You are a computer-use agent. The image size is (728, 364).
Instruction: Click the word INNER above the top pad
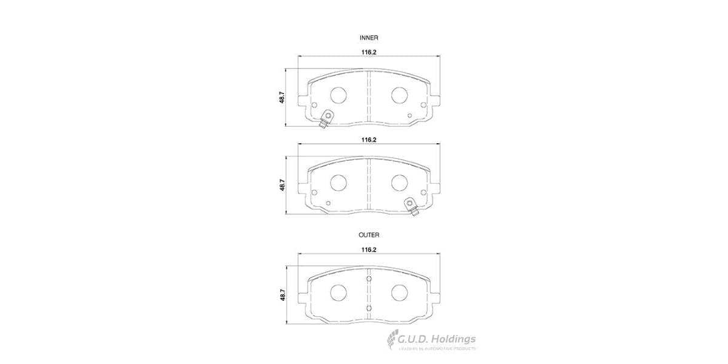point(369,38)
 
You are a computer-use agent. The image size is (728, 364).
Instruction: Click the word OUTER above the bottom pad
point(369,234)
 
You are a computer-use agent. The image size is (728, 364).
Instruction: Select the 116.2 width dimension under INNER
point(369,52)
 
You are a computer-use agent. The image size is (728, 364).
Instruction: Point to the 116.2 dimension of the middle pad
point(369,140)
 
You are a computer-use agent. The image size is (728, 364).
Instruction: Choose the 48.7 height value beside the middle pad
point(282,184)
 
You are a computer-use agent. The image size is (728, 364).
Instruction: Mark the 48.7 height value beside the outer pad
point(282,295)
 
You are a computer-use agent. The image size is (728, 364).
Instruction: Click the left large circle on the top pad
point(338,95)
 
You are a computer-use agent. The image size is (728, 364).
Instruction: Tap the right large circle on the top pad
point(399,95)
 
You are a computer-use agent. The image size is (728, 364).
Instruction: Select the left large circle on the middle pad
point(338,182)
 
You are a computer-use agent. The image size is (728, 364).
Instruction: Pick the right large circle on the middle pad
point(399,182)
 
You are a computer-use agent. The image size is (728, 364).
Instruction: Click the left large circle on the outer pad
point(338,292)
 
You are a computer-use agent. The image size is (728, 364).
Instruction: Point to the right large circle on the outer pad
point(399,292)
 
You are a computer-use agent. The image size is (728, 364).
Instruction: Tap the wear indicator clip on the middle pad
point(412,206)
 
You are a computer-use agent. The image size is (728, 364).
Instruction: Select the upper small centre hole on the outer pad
point(369,279)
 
